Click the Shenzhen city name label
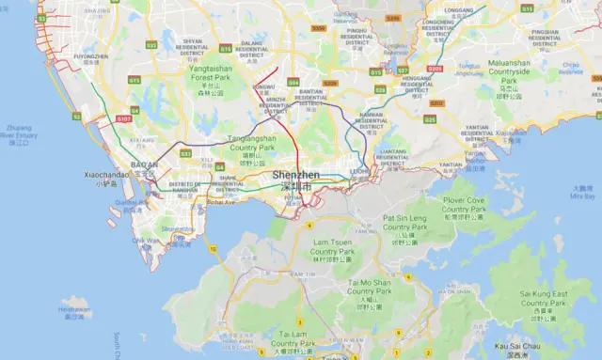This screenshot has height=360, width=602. point(296,176)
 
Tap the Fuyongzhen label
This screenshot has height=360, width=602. point(90,56)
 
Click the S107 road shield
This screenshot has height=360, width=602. point(123,119)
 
